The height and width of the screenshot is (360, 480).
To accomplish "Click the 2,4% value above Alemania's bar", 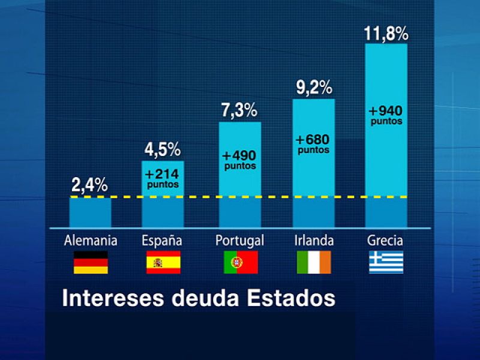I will (x=89, y=185).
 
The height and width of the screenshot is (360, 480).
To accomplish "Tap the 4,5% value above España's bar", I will (x=162, y=149).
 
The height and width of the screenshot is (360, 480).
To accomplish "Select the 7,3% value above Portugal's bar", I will (x=239, y=110).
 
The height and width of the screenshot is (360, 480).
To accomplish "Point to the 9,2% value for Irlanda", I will (x=314, y=88).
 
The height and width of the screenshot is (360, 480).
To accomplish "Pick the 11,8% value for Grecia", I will (x=386, y=33).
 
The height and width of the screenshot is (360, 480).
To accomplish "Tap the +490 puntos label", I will (x=240, y=160).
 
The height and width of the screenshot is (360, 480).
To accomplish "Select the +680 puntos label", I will (x=313, y=145).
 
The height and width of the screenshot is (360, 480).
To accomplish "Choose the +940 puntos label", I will (x=386, y=115).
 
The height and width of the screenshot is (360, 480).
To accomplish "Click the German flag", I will (x=91, y=262).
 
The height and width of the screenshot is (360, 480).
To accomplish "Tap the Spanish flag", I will (x=163, y=262).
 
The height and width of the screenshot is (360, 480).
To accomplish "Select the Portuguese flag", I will (x=241, y=262).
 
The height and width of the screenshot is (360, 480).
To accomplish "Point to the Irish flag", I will (x=314, y=262).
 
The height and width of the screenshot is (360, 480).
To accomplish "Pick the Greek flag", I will (x=386, y=262).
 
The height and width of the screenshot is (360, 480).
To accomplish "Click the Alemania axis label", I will (x=91, y=241).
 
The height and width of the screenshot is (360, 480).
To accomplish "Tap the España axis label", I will (x=162, y=241).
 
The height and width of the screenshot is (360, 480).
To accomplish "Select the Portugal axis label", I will (x=239, y=241).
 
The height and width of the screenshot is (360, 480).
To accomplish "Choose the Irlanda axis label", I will (x=314, y=241).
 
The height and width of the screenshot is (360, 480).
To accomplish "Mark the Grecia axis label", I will (x=385, y=241).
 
